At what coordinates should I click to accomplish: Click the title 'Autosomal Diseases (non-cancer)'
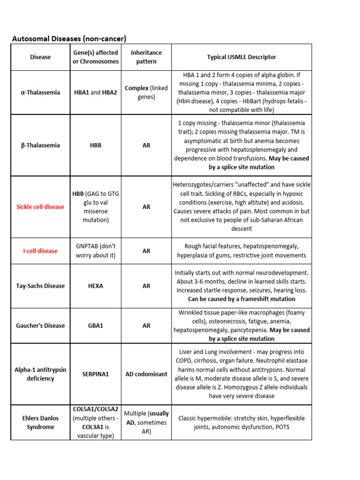69,38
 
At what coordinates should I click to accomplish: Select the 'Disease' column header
40,57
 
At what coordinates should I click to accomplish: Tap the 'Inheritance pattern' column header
146,57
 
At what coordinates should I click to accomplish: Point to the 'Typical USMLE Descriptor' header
241,57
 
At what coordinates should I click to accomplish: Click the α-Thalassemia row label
40,92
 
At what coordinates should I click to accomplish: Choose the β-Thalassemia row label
40,145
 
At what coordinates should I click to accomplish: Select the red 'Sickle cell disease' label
40,207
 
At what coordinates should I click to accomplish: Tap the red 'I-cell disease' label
40,251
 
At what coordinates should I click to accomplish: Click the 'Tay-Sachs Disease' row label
40,286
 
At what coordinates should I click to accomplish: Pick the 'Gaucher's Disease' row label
40,325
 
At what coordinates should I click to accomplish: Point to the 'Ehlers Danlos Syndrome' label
40,422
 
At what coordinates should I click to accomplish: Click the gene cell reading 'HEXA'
96,286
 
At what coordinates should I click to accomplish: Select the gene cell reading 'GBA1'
96,325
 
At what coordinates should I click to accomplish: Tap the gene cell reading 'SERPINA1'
96,374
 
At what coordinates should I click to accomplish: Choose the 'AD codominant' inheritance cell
146,374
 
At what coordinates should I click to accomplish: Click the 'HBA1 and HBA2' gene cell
96,92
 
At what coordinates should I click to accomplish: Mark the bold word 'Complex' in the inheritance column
136,88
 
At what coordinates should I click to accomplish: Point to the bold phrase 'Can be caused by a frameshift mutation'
241,299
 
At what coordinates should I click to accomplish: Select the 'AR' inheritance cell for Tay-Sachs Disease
146,286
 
